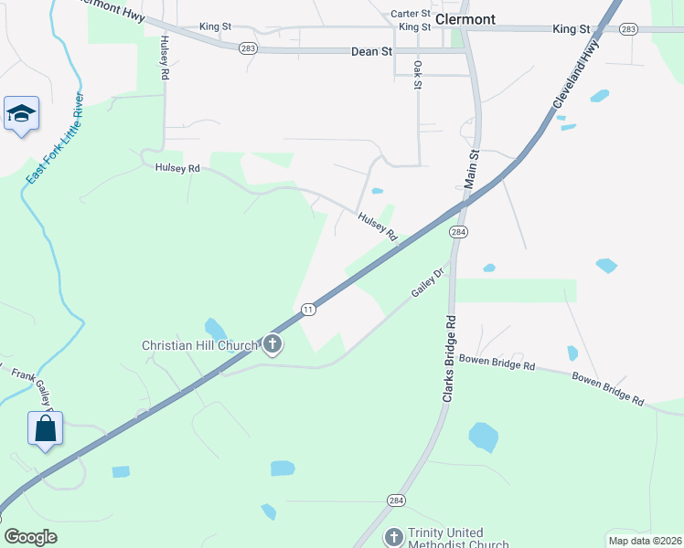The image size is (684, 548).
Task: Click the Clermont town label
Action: click(466, 18)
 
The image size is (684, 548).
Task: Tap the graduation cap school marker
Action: click(21, 113)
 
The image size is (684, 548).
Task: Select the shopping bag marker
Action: click(46, 428)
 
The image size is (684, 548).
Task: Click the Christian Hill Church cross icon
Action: click(272, 344)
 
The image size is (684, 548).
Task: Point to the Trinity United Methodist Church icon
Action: click(393, 537)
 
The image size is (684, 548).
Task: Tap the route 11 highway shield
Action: click(309, 310)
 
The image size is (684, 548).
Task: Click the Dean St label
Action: click(371, 52)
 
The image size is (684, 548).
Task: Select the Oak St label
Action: click(417, 75)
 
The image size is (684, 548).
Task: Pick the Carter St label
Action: click(410, 14)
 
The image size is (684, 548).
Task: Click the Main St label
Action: click(474, 169)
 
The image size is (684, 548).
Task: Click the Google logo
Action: click(31, 536)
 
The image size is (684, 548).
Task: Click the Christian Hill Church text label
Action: click(200, 345)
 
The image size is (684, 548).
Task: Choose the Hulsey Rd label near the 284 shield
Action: click(378, 227)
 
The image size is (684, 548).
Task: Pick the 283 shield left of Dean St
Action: click(248, 48)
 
